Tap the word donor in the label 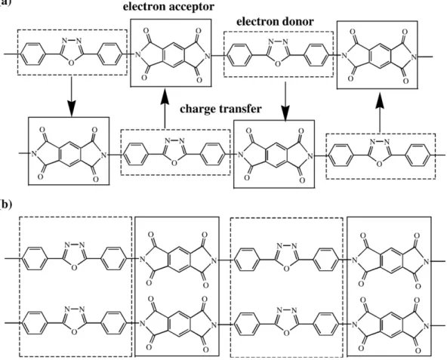coord(297,22)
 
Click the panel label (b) coord(6,205)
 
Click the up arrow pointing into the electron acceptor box coord(165,109)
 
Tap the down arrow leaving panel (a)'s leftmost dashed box coord(71,97)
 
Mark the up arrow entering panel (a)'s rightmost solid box coord(379,112)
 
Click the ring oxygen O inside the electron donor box coord(278,63)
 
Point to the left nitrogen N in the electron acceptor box coord(138,54)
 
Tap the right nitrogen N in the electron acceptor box coord(208,56)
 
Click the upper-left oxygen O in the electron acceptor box coord(146,30)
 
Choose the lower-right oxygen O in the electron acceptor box coord(199,79)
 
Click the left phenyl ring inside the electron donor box coord(240,54)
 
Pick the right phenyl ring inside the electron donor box coord(316,54)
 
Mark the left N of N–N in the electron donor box coord(271,42)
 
